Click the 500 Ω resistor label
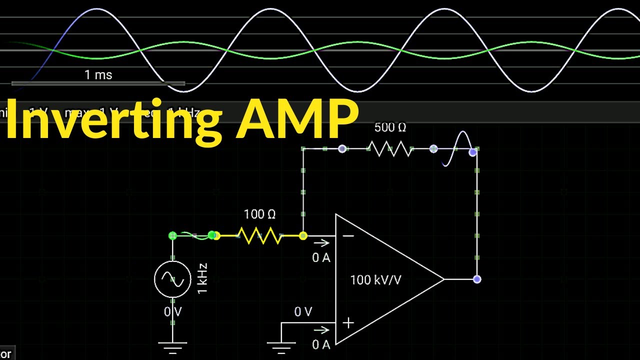point(390,128)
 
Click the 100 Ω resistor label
point(259,214)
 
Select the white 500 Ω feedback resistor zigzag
point(390,148)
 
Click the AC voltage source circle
point(172,279)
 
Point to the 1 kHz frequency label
point(202,278)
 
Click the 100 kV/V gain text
point(375,280)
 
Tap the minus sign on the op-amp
point(348,235)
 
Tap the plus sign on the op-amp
point(348,323)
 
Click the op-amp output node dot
point(477,279)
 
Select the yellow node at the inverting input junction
point(303,235)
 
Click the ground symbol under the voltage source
point(172,345)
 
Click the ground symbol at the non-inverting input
point(281,345)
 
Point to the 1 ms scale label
point(98,75)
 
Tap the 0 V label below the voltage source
point(173,312)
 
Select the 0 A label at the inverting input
point(321,258)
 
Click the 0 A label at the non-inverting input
point(321,344)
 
